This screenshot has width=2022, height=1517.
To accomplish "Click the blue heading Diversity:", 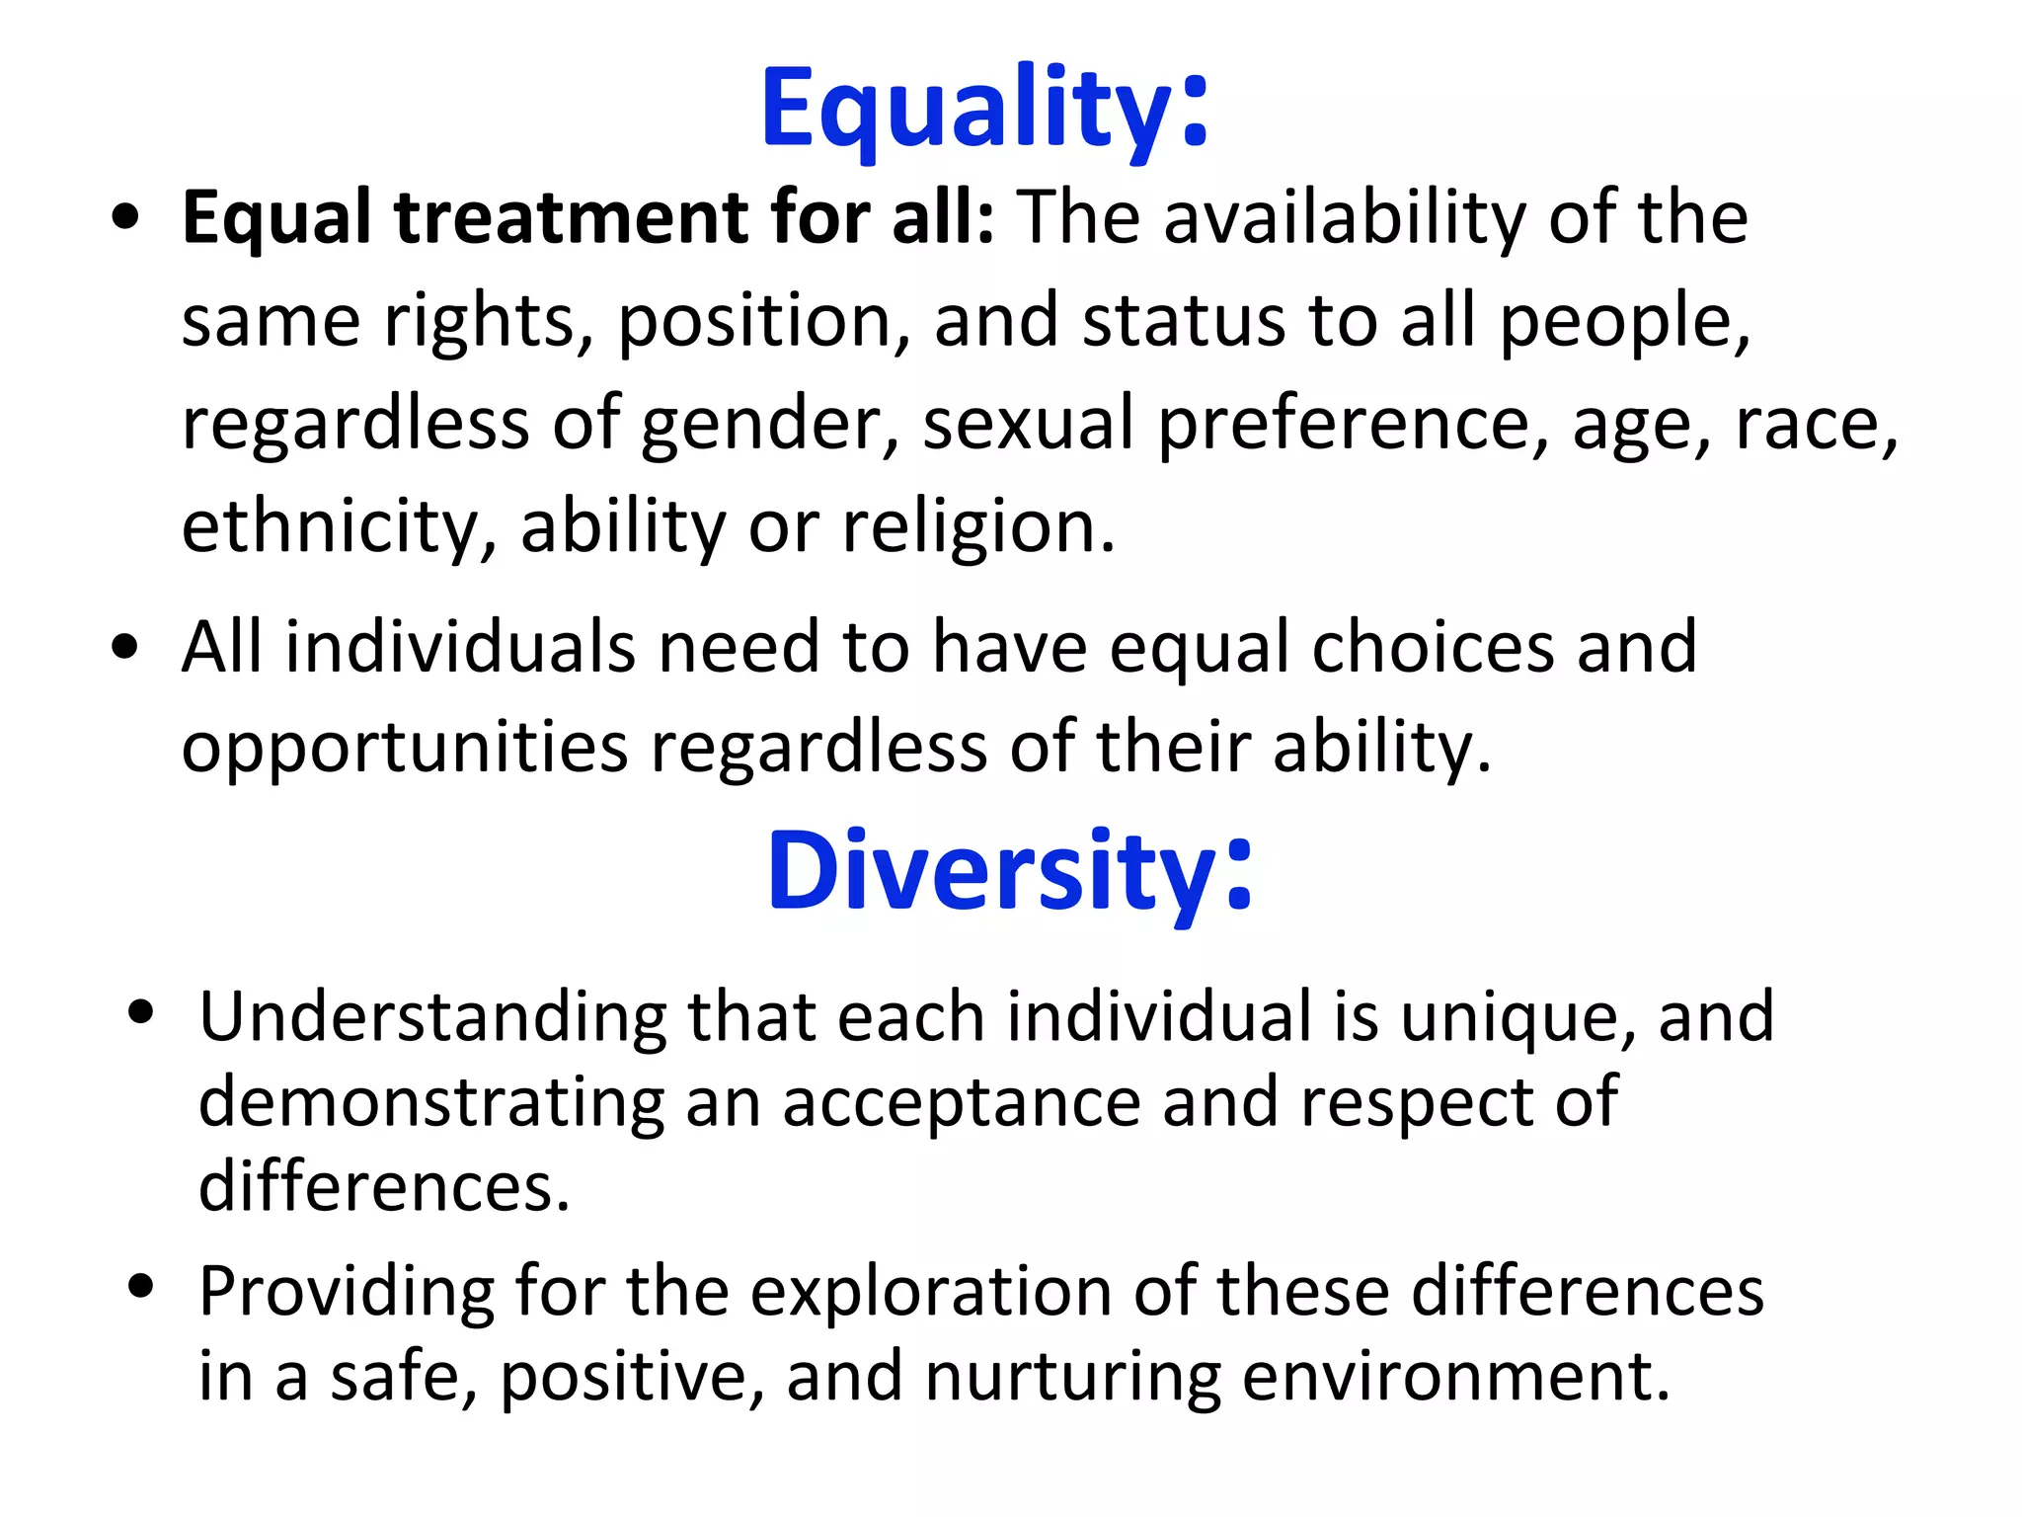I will (1009, 871).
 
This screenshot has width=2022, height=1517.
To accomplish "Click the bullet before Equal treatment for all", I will (125, 218).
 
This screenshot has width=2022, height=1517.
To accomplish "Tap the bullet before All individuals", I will (125, 648).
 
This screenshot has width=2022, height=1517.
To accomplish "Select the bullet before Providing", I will (142, 1287).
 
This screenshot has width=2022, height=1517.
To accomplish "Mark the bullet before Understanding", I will (142, 1012).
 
